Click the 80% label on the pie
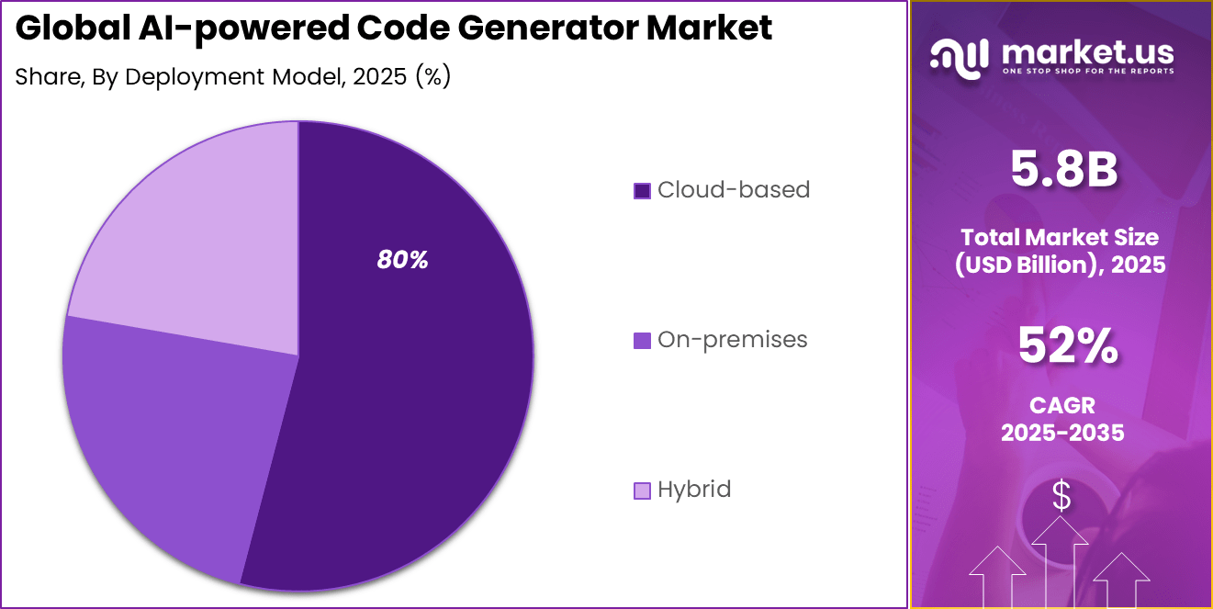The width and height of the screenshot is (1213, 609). coord(402,261)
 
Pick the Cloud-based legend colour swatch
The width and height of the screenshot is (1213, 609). coord(642,191)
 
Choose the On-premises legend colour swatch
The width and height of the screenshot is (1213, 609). coord(642,341)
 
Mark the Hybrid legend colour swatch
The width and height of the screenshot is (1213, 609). coord(642,491)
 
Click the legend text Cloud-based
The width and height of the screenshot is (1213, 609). coord(734,190)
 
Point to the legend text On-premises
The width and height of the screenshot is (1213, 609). coord(732,340)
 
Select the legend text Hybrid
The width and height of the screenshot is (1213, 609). coord(694,490)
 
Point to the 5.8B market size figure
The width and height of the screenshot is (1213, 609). coord(1063,169)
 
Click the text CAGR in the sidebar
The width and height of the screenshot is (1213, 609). coord(1062,405)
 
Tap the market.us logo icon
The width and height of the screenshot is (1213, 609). coord(959,56)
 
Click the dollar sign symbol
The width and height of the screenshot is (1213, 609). coord(1061,497)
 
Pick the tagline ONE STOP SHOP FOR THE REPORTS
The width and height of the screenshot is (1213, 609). coord(1088,71)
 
